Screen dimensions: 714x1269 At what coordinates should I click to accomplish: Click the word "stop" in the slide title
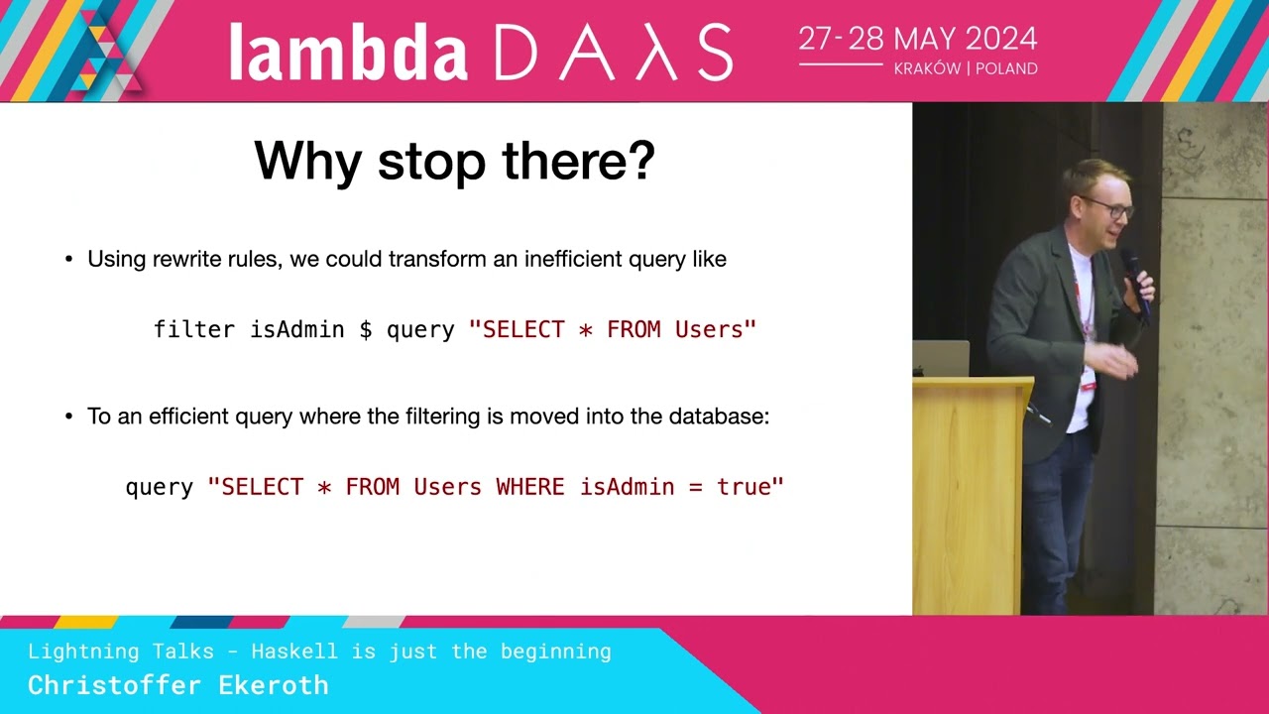[431, 161]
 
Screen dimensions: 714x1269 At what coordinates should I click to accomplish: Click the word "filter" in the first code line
[194, 330]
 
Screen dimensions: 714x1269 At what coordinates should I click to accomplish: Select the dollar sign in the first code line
[366, 330]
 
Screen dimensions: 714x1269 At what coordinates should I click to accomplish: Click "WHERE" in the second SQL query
[529, 487]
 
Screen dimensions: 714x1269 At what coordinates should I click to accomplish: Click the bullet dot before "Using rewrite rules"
[69, 261]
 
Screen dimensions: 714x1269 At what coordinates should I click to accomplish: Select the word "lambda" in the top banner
[348, 53]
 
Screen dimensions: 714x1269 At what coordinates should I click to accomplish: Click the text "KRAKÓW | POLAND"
[966, 69]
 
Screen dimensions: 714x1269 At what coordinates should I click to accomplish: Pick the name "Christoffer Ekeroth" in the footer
[177, 685]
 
